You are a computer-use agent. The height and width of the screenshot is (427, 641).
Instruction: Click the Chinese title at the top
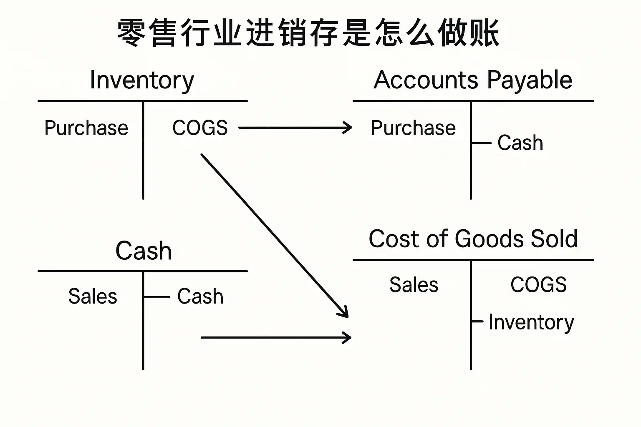point(308,33)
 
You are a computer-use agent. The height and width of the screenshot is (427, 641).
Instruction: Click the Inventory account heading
point(142,80)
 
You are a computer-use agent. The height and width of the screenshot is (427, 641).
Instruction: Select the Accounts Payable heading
point(473,80)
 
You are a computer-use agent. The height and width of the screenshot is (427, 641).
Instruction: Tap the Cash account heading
point(143,251)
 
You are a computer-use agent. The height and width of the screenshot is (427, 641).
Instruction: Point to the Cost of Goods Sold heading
point(473,239)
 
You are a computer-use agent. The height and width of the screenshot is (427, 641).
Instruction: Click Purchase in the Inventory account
point(86,128)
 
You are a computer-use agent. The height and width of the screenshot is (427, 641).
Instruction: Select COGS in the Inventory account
point(200,128)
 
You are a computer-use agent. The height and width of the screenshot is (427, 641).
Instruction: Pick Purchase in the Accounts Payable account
point(413,128)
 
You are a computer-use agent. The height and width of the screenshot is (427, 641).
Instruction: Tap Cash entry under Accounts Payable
point(520,143)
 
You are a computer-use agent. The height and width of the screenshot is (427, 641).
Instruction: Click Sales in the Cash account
point(93,296)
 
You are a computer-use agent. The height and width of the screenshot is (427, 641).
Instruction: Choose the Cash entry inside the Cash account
point(200,296)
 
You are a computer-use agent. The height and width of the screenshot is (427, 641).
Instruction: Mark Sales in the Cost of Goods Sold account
point(414,285)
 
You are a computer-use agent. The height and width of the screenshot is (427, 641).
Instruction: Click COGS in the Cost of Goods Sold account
point(538,285)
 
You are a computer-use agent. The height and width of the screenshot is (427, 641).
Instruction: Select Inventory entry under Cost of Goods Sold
point(531,322)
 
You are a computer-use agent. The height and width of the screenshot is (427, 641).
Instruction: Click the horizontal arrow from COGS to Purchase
point(295,128)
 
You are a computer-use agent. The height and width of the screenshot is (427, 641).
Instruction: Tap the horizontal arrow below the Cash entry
point(275,337)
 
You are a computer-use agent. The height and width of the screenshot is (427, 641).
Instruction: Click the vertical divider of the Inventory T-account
point(143,167)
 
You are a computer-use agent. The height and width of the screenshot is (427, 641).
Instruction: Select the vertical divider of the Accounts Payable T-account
point(471,175)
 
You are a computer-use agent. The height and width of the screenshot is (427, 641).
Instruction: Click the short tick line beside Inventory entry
point(477,322)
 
